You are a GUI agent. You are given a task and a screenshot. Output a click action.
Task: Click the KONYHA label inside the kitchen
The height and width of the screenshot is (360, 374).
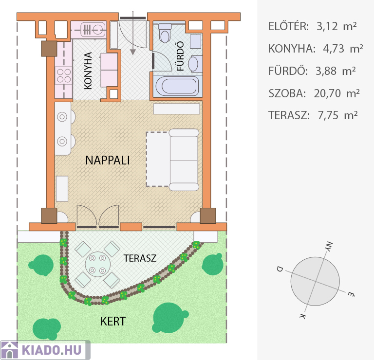click(88, 71)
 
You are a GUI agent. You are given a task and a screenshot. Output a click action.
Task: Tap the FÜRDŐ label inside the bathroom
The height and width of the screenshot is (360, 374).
click(180, 56)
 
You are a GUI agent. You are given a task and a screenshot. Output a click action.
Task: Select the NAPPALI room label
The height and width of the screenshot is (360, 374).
click(108, 160)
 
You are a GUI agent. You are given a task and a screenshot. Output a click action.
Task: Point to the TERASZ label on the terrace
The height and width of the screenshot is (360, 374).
click(140, 258)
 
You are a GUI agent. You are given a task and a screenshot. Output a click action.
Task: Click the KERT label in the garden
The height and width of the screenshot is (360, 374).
click(113, 322)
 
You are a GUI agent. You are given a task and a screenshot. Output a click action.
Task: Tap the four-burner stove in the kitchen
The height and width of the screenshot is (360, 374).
click(64, 75)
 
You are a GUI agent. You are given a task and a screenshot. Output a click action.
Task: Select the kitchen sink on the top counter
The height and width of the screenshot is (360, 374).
click(93, 30)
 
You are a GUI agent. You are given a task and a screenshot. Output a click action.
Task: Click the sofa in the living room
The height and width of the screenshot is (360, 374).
click(184, 160)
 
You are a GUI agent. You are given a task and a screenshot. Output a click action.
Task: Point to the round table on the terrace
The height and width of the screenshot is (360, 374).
click(97, 264)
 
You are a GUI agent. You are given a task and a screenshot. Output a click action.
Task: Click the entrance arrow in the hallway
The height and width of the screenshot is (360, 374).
click(133, 33)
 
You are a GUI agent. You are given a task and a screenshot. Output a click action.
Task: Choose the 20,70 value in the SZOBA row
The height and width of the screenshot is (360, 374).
click(327, 93)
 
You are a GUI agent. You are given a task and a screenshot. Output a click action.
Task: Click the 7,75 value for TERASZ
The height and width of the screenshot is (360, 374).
click(328, 116)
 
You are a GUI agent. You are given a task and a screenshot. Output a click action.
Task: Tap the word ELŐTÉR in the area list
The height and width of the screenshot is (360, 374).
click(289, 26)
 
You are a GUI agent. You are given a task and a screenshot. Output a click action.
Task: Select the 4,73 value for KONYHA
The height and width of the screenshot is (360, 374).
click(334, 49)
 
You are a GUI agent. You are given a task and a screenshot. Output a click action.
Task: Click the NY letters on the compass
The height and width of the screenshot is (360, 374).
click(329, 247)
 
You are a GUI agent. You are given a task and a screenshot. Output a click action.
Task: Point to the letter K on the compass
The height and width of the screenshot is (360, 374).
click(303, 316)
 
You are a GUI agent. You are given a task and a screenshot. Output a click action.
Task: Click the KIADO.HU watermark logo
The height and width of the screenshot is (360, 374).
click(45, 350)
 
